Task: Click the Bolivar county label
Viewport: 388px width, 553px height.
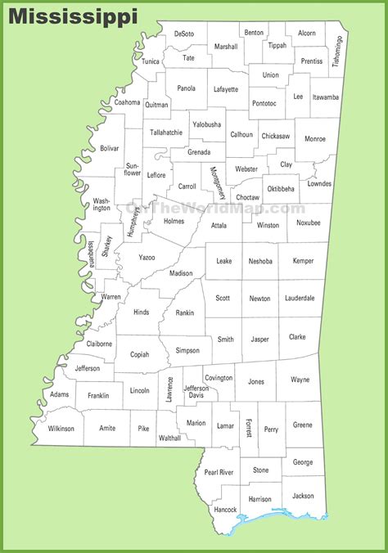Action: (109, 149)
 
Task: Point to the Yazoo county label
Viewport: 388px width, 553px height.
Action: (146, 257)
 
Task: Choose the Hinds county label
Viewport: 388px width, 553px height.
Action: (141, 312)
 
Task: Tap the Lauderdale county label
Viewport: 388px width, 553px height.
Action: (299, 299)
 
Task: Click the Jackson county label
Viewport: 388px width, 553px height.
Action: (302, 496)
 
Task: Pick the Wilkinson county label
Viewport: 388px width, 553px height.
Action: (61, 428)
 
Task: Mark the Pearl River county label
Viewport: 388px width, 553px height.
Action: (219, 472)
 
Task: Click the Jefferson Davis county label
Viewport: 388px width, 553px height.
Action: (196, 392)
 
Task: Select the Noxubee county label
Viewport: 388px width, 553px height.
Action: (309, 223)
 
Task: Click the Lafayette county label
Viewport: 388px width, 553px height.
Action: (226, 89)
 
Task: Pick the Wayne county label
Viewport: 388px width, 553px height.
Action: (300, 380)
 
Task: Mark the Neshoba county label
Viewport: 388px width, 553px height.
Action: (261, 261)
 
